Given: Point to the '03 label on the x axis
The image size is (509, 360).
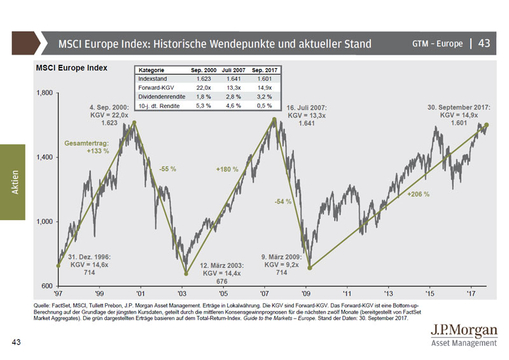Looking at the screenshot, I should [182, 294].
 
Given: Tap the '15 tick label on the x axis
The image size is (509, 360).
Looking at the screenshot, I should [429, 294].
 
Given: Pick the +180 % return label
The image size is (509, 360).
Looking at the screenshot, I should [227, 170].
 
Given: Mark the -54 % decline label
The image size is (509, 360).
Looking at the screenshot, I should [283, 201].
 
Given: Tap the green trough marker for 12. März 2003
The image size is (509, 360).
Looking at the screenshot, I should [186, 273].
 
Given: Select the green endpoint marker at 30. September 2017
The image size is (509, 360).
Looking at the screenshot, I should [487, 125].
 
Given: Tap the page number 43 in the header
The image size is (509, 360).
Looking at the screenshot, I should [484, 44].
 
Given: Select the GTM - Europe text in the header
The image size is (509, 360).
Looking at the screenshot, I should [437, 45].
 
